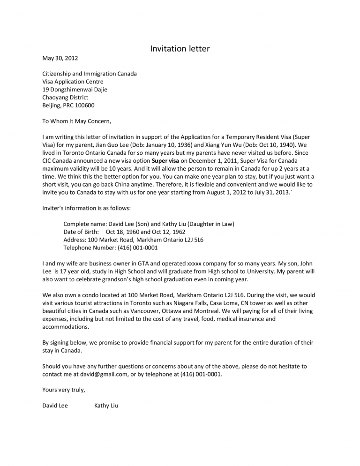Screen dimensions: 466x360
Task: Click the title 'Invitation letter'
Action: [180, 48]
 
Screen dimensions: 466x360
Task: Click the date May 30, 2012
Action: [60, 59]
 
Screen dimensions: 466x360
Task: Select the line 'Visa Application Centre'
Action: [73, 82]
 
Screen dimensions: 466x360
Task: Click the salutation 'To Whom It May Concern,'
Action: [77, 121]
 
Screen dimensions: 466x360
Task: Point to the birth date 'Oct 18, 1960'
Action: [122, 232]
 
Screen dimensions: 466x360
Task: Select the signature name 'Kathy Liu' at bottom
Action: [106, 406]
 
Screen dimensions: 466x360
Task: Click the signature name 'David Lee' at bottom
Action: [55, 406]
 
